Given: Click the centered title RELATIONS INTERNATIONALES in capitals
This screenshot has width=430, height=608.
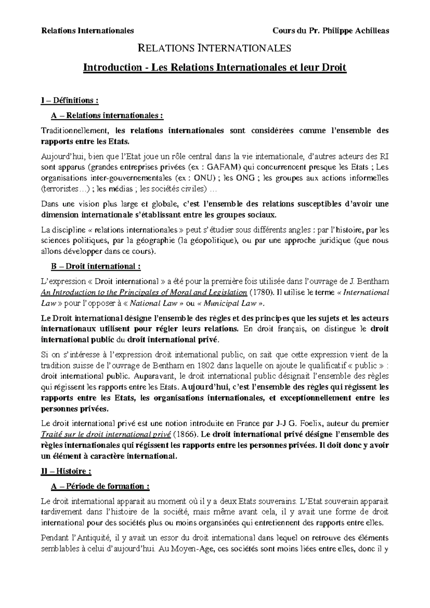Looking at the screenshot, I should (215, 48).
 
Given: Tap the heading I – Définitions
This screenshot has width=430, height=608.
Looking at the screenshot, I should (70, 100).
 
